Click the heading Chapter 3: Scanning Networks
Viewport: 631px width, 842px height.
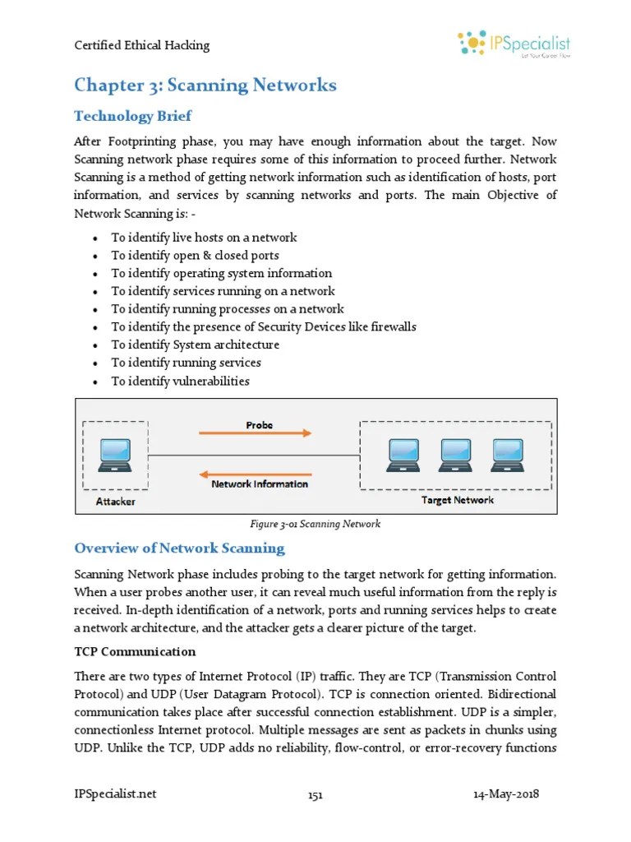205,85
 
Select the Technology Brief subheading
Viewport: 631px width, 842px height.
133,115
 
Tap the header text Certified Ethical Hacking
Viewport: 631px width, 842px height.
142,45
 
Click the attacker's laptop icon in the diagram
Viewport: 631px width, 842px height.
114,456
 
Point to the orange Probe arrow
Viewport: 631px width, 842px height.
255,433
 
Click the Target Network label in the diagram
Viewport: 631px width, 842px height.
458,499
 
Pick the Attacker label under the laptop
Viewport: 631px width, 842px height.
115,501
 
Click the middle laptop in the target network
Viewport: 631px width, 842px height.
457,454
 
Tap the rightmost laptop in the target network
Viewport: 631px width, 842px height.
508,454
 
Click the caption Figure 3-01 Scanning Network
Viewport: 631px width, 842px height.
315,524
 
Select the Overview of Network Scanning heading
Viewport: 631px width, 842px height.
179,548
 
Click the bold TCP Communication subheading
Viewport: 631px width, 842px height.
135,651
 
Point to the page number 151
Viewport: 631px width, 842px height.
315,795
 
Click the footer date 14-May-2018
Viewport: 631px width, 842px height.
507,794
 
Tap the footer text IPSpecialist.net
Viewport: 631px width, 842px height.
115,794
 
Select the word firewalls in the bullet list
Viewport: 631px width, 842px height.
392,327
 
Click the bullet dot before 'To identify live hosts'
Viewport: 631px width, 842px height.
96,238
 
